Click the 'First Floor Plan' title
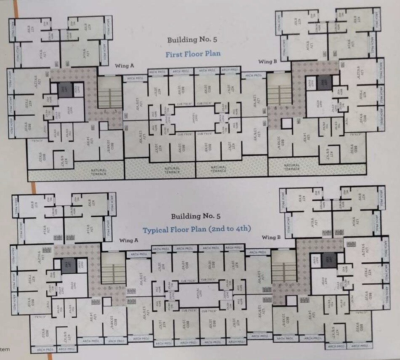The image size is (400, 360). [193, 54]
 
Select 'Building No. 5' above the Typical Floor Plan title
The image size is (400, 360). [196, 216]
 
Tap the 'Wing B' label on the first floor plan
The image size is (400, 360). [268, 61]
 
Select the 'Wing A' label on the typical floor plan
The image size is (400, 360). [129, 240]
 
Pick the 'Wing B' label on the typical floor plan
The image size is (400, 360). [271, 237]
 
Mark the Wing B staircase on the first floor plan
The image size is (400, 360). [279, 94]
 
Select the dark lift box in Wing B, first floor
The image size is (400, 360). [324, 81]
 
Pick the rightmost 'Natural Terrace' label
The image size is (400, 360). [291, 167]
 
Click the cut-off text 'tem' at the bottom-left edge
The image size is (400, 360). [5, 349]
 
